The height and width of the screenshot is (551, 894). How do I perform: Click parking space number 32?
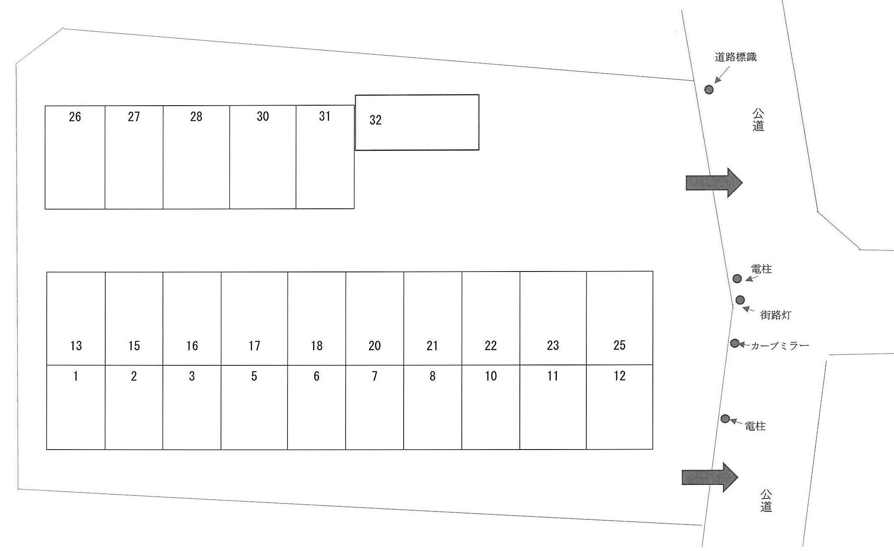pos(417,122)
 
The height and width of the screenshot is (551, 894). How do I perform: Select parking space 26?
pos(75,157)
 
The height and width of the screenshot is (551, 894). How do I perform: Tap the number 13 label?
pos(76,346)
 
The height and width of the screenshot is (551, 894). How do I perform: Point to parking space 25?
pos(619,318)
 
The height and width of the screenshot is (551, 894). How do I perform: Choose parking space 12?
pos(619,407)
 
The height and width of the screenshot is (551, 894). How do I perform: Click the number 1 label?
pos(76,376)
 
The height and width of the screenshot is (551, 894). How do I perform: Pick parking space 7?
pos(375,407)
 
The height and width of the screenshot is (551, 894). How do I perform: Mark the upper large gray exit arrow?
pos(714,183)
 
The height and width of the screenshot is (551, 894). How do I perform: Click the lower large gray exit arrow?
pos(710,477)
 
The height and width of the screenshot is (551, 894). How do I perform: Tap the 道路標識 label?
pos(735,57)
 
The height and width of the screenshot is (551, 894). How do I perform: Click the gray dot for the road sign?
pos(709,89)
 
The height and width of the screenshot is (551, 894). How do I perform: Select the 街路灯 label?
pos(775,315)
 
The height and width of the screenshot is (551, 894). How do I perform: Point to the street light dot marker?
pos(740,300)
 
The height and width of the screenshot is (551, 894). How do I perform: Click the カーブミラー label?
pos(780,346)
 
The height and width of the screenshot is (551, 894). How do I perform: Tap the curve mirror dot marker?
pos(734,343)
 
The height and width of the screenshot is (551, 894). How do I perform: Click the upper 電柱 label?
pos(761,269)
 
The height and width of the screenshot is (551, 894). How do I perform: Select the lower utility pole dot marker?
pos(725,418)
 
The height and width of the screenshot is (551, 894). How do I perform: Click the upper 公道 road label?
pos(758,120)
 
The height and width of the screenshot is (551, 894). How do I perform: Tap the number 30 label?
pos(263,117)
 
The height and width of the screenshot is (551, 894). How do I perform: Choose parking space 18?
pos(317,318)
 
